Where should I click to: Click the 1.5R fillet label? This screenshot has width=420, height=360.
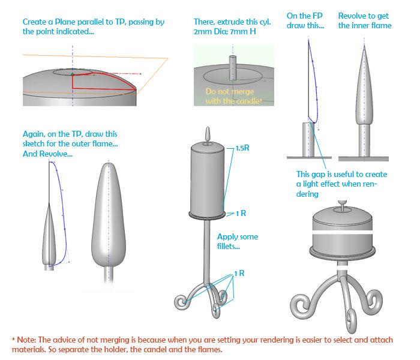[x=242, y=148]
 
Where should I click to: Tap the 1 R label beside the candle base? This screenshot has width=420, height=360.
[x=241, y=213]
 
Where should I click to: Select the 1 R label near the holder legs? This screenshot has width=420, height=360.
[x=239, y=273]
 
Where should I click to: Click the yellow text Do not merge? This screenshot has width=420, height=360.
[x=230, y=91]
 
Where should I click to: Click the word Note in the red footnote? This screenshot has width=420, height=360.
[x=26, y=340]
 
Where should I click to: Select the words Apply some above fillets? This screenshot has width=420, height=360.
[x=238, y=237]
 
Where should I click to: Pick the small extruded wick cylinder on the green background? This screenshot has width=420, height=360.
[x=233, y=68]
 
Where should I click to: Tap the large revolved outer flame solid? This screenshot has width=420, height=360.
[x=109, y=215]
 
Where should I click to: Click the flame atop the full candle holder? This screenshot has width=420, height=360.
[x=208, y=134]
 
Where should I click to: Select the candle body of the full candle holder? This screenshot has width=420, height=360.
[x=208, y=179]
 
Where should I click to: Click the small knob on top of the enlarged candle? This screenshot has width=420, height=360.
[x=342, y=205]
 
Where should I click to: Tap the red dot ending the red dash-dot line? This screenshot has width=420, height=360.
[x=140, y=74]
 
